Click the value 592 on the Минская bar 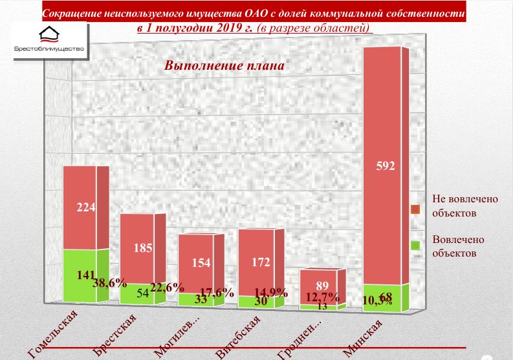[x=385, y=165]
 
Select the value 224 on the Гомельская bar [x=86, y=207]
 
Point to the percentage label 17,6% [x=217, y=292]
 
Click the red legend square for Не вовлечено [x=416, y=209]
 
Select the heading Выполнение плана [x=224, y=66]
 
